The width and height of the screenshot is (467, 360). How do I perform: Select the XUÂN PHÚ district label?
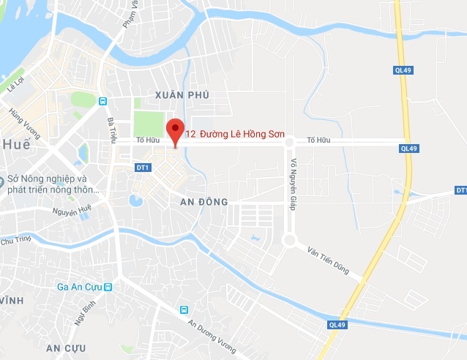182,95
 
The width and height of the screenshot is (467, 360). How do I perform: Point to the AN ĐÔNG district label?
204,201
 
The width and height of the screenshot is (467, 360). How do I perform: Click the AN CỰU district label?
66,346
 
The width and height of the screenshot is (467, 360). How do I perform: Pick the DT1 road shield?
143,168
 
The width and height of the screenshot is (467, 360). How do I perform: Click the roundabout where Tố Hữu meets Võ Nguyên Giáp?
289,142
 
